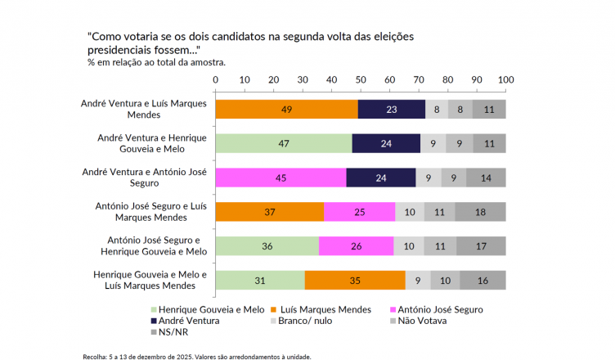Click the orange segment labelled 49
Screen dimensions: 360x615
286,110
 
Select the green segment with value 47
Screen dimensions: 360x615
283,144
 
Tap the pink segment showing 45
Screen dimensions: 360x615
281,178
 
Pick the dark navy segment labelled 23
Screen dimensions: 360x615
392,110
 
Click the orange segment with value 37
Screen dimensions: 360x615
269,212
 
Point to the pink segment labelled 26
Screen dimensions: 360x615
356,246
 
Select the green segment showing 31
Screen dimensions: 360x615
260,281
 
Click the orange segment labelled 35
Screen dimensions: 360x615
355,281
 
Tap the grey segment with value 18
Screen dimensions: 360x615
480,212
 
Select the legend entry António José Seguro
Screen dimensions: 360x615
439,310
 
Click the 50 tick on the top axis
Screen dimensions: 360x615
361,79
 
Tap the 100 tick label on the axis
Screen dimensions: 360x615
505,79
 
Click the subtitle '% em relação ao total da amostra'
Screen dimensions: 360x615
156,62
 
